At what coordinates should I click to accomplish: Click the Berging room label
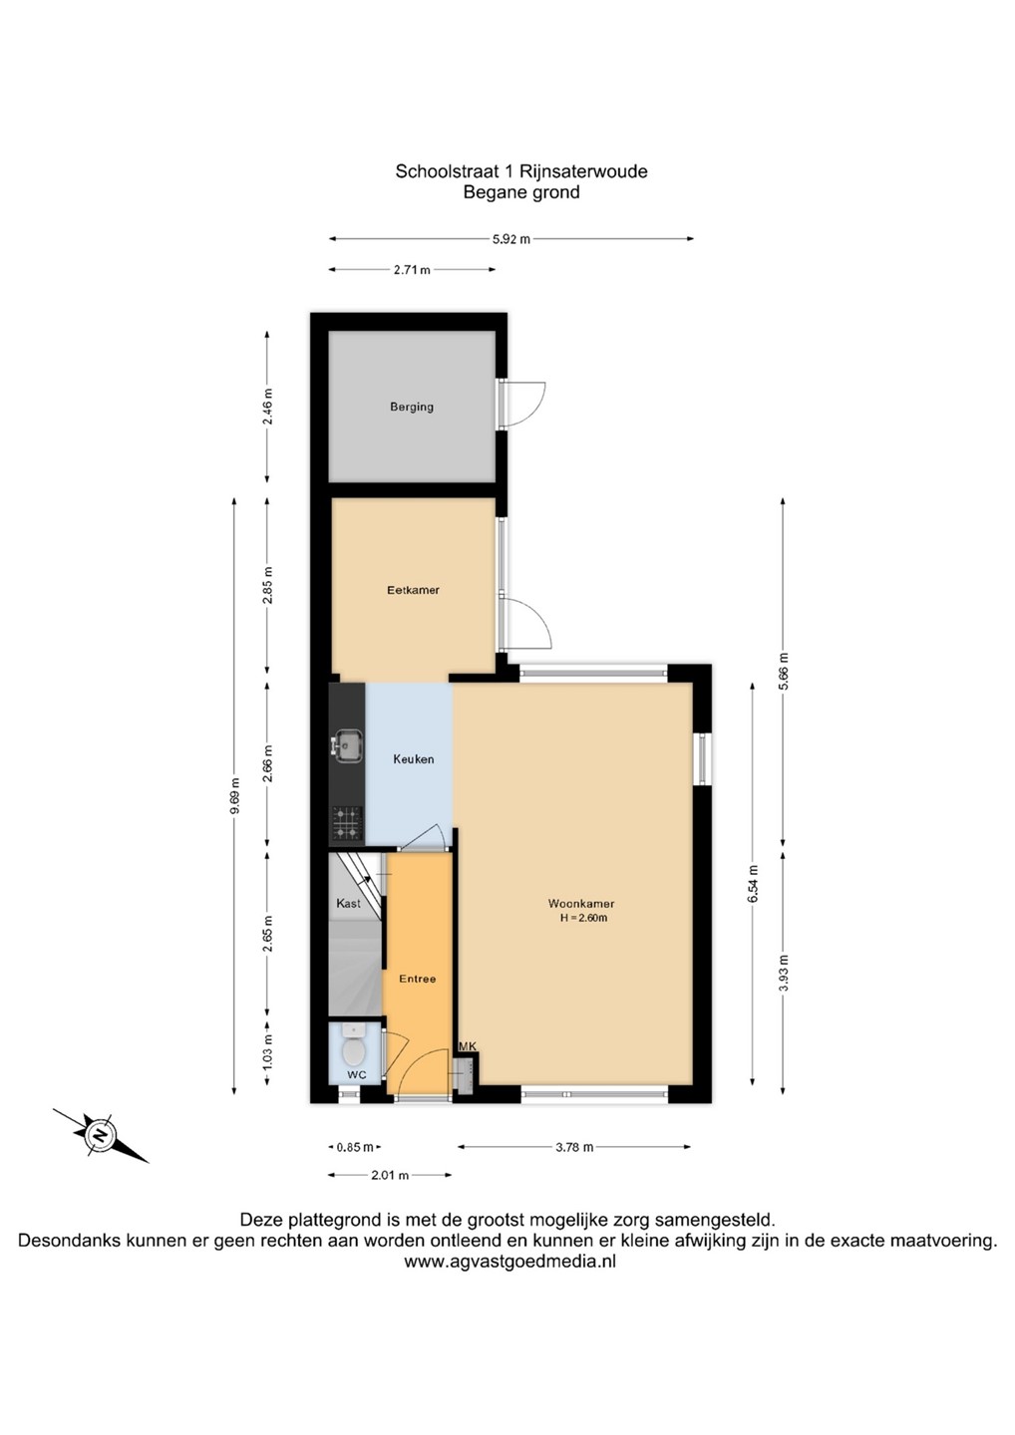pos(412,407)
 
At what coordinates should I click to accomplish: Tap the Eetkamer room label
pos(413,590)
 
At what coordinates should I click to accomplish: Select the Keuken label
pos(414,759)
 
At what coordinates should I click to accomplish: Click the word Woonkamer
pos(580,904)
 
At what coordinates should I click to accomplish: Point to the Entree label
pos(417,979)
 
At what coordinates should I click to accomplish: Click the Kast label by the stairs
pos(349,903)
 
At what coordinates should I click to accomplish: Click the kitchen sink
pos(347,748)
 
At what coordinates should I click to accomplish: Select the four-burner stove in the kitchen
pos(347,823)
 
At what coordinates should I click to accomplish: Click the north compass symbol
pos(101,1136)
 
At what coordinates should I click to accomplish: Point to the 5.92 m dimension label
pos(510,239)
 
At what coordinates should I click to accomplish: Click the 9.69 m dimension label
pos(236,795)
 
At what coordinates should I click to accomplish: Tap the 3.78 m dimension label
pos(574,1147)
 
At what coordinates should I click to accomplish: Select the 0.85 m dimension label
pos(354,1147)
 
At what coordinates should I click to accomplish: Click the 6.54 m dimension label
pos(753,883)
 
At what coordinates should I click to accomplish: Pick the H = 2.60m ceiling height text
pos(583,918)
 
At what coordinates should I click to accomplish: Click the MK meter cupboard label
pos(468,1046)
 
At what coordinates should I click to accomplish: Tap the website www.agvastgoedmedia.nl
pos(509,1261)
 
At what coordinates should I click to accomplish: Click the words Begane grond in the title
pos(520,192)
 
